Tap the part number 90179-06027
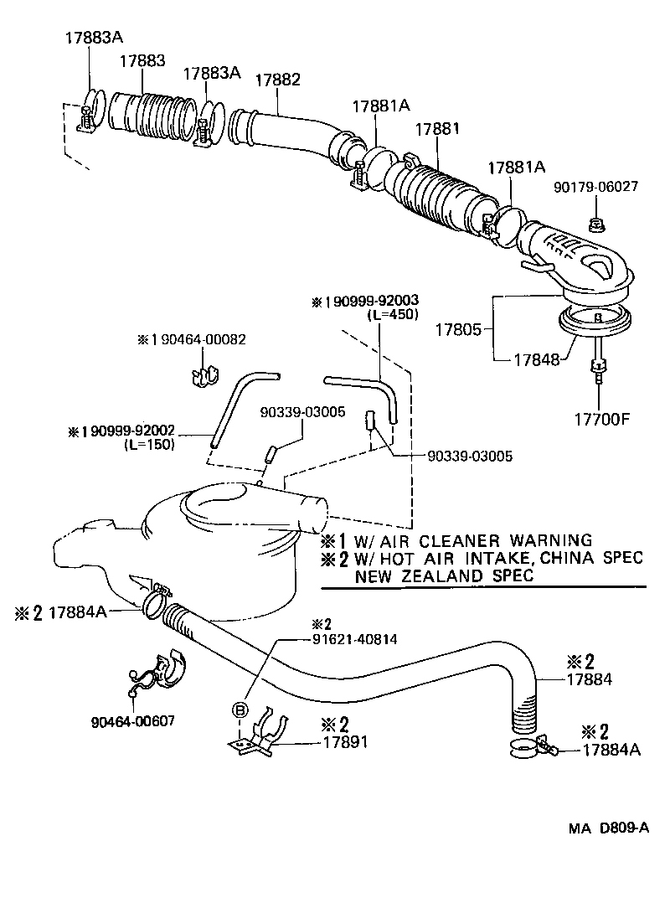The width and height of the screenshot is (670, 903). (595, 187)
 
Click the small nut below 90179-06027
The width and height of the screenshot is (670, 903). (595, 224)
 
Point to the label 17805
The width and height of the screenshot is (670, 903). (457, 329)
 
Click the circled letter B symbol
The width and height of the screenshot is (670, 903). (240, 710)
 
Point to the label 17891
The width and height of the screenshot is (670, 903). (346, 742)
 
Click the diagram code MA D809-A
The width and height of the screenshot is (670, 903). (608, 828)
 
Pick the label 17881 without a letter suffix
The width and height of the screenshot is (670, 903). (436, 130)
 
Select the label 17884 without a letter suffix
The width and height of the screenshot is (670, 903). (590, 680)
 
